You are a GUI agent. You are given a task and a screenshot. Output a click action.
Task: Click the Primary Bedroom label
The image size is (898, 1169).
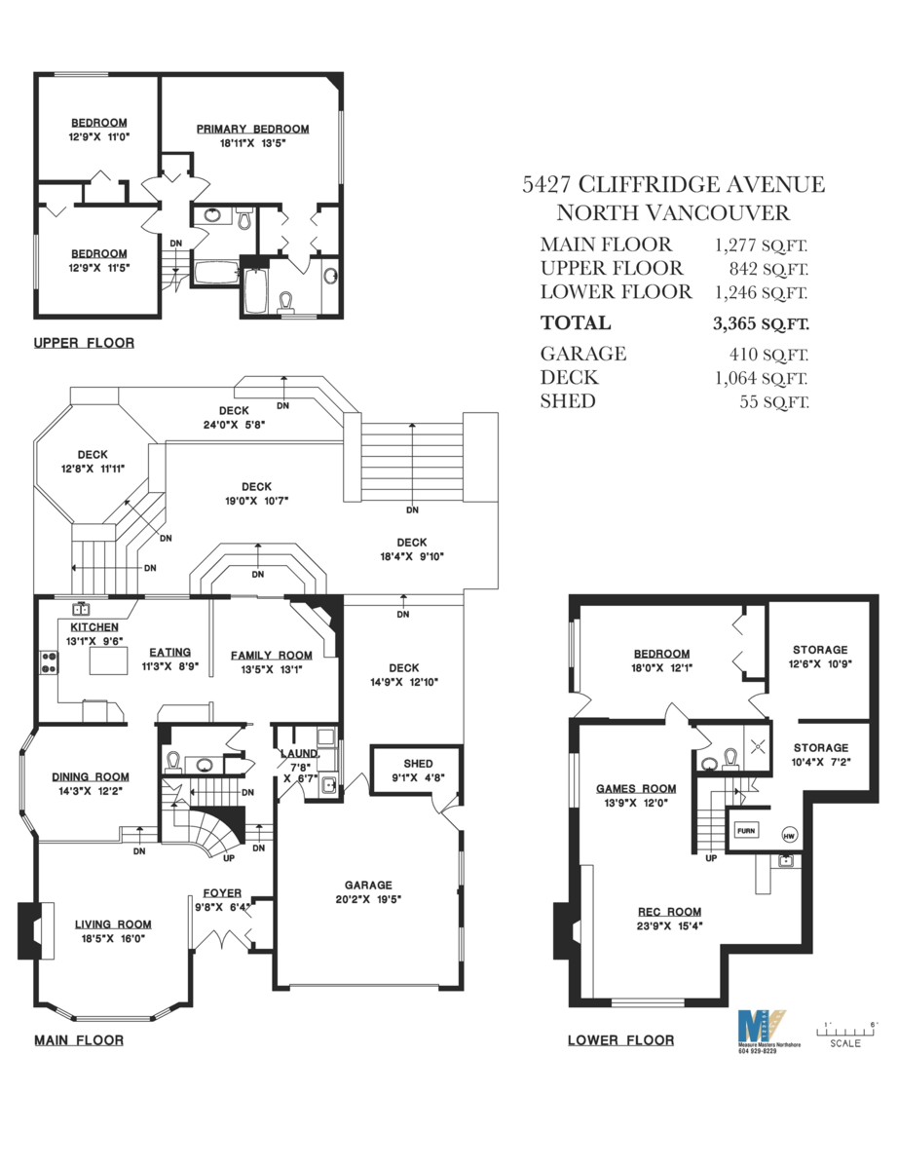tap(252, 129)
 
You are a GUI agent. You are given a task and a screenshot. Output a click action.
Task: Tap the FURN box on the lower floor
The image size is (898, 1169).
tap(745, 831)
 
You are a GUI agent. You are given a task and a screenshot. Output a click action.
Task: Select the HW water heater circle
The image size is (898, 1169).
tap(788, 834)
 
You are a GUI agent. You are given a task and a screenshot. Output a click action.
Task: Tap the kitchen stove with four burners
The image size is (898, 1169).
tap(46, 663)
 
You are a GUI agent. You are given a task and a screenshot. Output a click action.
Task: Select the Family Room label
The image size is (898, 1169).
tap(271, 655)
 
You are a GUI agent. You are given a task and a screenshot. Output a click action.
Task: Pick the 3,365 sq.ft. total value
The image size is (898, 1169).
tap(760, 323)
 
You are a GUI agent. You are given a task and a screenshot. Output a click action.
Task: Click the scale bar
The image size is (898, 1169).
tap(846, 1029)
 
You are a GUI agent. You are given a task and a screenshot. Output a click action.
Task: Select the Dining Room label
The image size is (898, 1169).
tap(91, 776)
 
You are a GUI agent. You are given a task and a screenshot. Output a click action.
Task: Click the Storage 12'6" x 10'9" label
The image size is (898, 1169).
tap(819, 650)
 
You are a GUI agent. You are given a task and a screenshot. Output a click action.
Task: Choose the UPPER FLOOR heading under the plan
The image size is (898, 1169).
tap(84, 343)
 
